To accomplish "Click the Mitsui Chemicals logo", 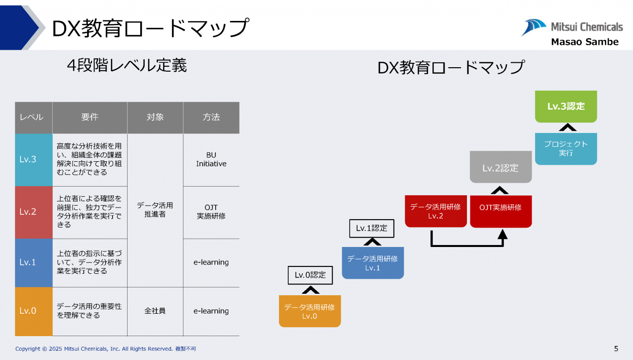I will pos(572,27).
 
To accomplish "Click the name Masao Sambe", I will pos(584,42).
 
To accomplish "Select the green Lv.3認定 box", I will pos(566,106).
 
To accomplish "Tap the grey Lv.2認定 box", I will pos(501,168).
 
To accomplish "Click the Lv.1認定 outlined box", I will pos(372,228).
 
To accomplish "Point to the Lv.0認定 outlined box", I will pos(310,275).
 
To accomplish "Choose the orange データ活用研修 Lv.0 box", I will pos(310,311).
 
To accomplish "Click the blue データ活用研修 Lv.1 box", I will pos(372,263).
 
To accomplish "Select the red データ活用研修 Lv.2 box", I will pos(435,211).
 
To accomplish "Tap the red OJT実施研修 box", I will pos(501,211).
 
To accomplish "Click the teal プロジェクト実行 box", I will pos(566,148).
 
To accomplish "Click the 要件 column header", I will pos(90,117).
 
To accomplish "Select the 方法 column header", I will pos(211,117).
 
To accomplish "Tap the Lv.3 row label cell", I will pos(34,159).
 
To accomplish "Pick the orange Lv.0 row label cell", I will pos(34,311).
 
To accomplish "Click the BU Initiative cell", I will pos(211,160).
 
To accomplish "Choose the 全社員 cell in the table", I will pos(155,311).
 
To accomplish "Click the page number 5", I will pos(616,348).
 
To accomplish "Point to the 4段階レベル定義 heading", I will pos(127,65).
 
